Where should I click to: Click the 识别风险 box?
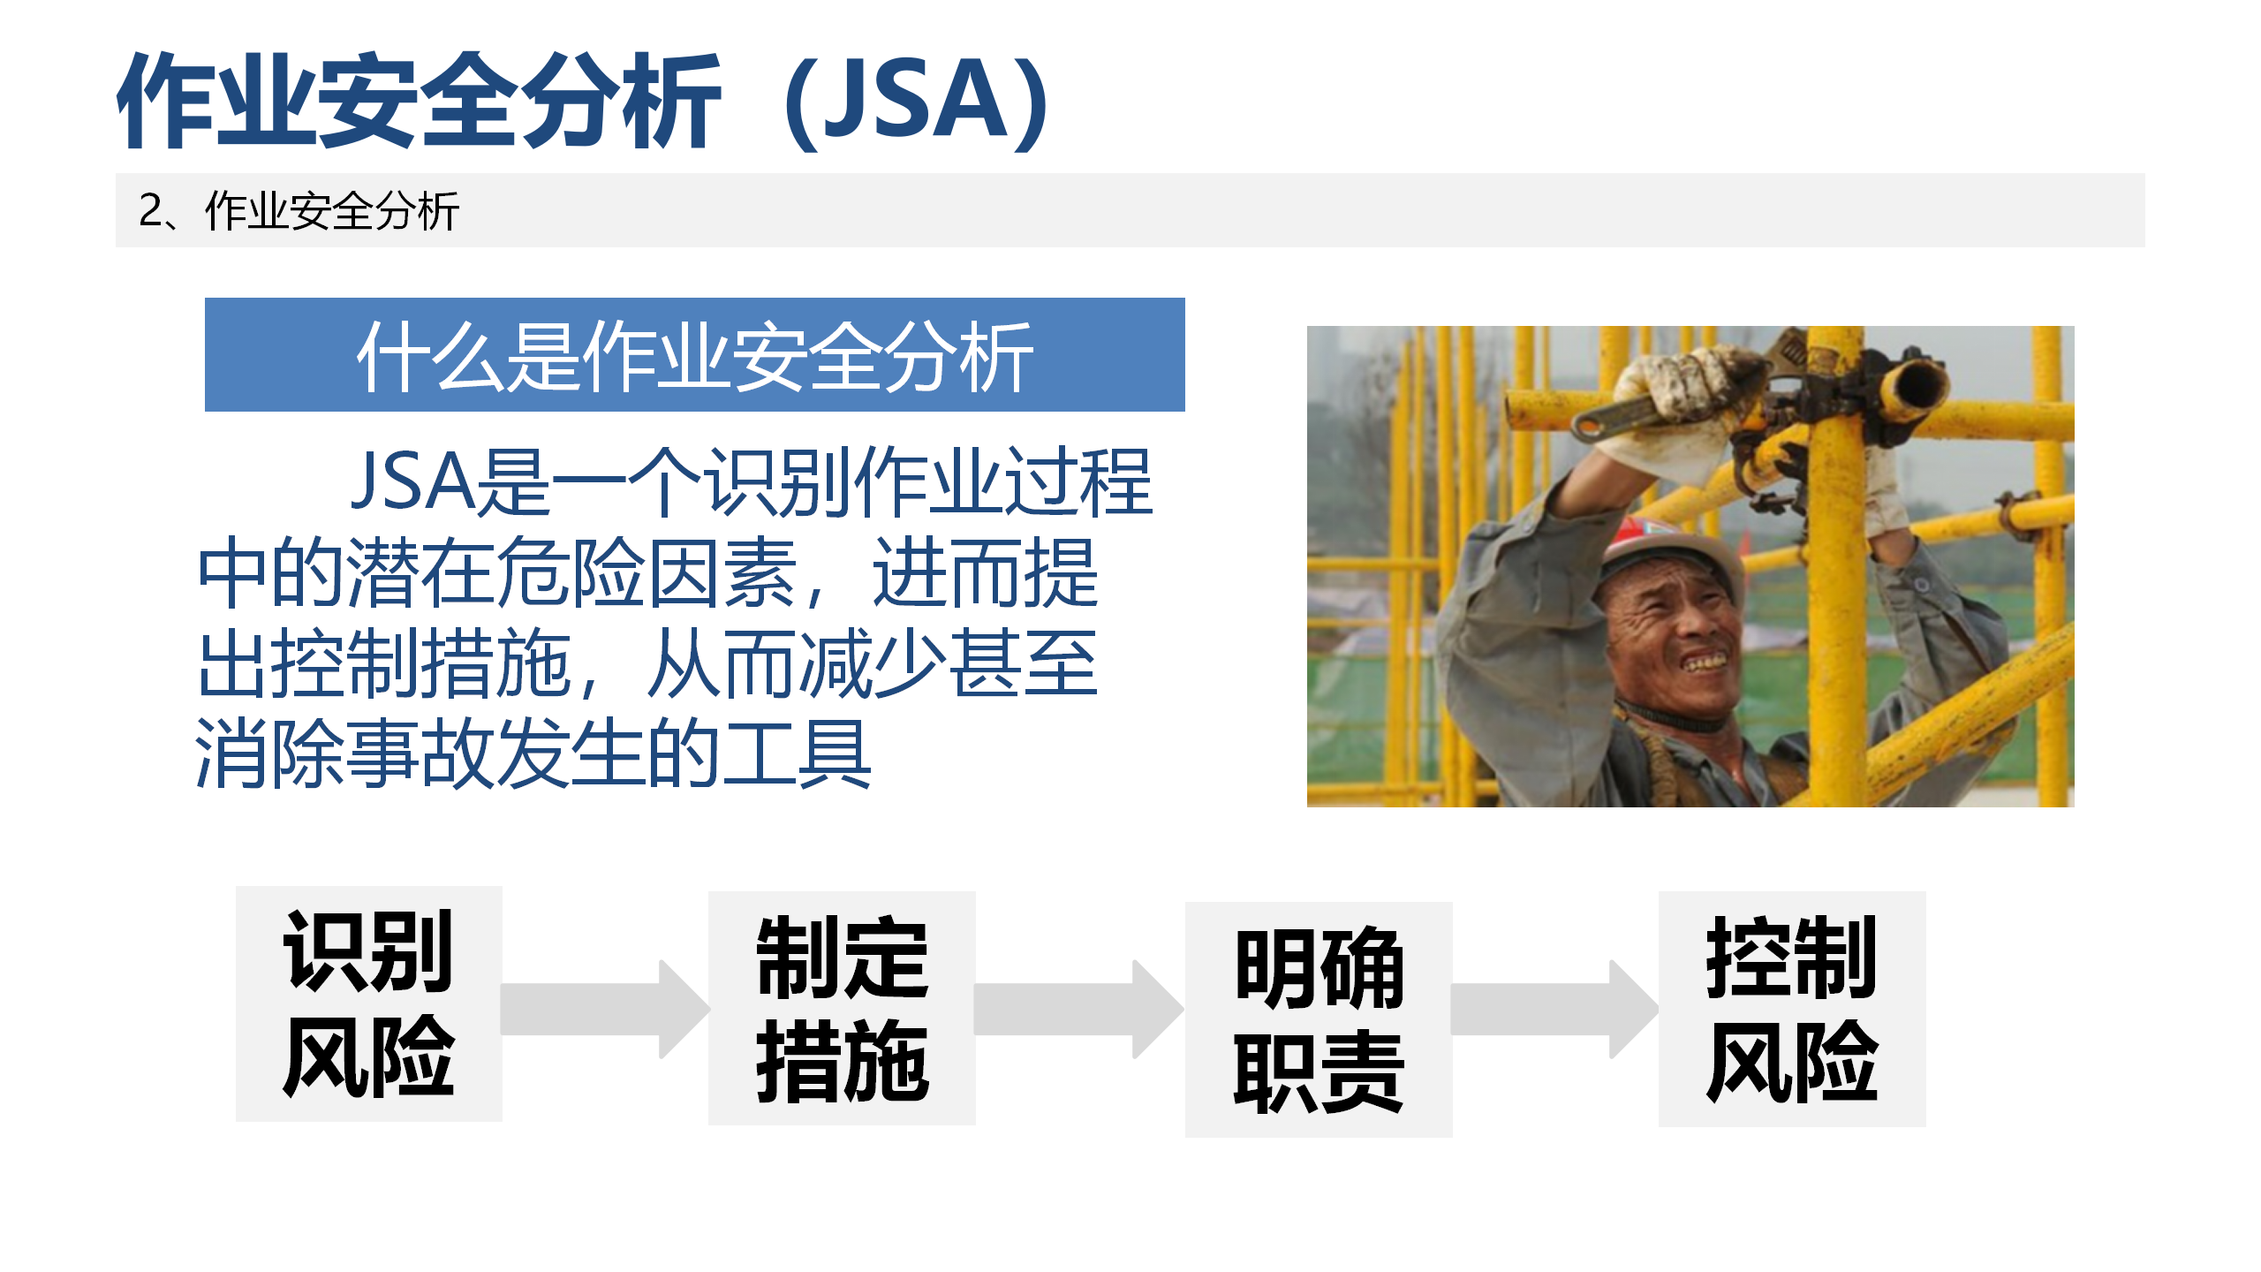[368, 1003]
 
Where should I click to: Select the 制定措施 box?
[842, 1008]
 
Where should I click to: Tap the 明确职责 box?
[1319, 1019]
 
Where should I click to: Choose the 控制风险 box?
[1792, 1009]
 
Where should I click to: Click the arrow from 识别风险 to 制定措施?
[605, 1009]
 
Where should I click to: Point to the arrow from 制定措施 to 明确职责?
[1079, 1009]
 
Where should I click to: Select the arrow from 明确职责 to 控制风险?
[1554, 1009]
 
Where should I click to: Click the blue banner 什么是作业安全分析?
[695, 354]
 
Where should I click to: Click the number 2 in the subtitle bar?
[150, 211]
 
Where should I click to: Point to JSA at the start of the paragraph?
[413, 482]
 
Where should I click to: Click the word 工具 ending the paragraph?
[797, 753]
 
